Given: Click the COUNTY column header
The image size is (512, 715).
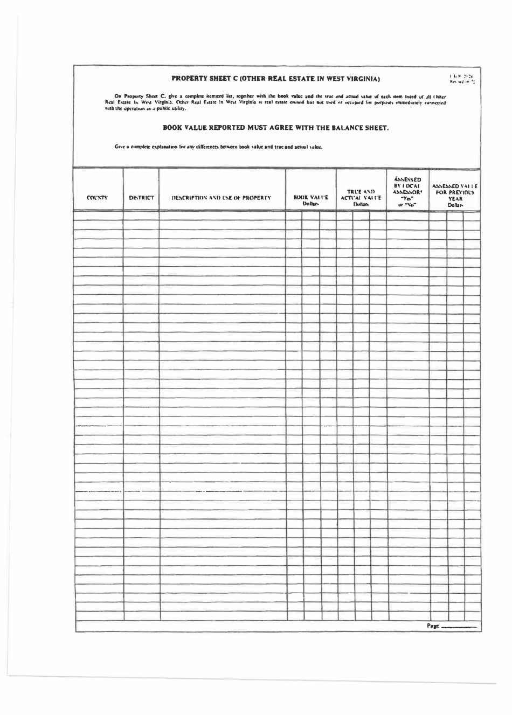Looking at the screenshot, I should point(98,198).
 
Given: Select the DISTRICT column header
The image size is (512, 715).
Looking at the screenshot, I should point(142,198).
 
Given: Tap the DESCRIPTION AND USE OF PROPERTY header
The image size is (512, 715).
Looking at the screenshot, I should point(221,198).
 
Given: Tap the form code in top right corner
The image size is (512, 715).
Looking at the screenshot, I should point(464,79).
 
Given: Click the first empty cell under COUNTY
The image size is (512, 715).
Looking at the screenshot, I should point(98,216).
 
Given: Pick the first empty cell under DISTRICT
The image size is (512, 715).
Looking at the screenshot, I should point(142,216).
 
